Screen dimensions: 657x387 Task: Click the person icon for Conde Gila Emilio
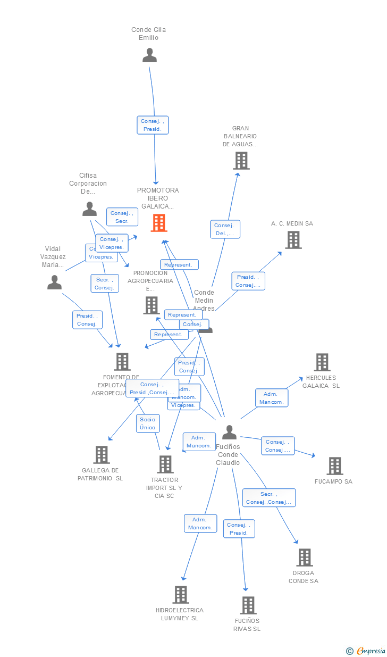pyautogui.click(x=150, y=55)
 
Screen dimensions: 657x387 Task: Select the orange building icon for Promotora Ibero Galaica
pyautogui.click(x=159, y=223)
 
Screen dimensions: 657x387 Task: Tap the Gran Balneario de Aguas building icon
pyautogui.click(x=241, y=161)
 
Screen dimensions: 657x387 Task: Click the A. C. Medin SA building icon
pyautogui.click(x=293, y=240)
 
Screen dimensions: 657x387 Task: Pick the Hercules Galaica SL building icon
pyautogui.click(x=322, y=362)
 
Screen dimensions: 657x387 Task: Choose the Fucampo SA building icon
pyautogui.click(x=335, y=466)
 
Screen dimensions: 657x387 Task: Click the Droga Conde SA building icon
pyautogui.click(x=305, y=558)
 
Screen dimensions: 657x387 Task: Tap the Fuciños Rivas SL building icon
pyautogui.click(x=248, y=605)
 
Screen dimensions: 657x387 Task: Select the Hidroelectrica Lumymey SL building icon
pyautogui.click(x=181, y=595)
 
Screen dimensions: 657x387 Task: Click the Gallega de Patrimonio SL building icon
pyautogui.click(x=102, y=455)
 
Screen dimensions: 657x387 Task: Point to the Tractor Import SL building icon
pyautogui.click(x=165, y=464)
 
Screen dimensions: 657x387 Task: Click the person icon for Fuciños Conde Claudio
pyautogui.click(x=229, y=432)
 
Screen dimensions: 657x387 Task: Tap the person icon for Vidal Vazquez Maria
pyautogui.click(x=54, y=282)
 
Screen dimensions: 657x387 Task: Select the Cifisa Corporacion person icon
pyautogui.click(x=90, y=209)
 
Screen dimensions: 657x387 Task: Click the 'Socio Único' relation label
pyautogui.click(x=148, y=423)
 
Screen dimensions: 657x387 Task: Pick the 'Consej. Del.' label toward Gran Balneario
pyautogui.click(x=225, y=229)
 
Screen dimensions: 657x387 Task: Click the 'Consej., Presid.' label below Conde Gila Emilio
pyautogui.click(x=153, y=125)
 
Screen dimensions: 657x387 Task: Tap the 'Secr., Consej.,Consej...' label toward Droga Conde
pyautogui.click(x=269, y=498)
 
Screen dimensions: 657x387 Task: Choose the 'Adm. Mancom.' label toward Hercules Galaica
pyautogui.click(x=272, y=398)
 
